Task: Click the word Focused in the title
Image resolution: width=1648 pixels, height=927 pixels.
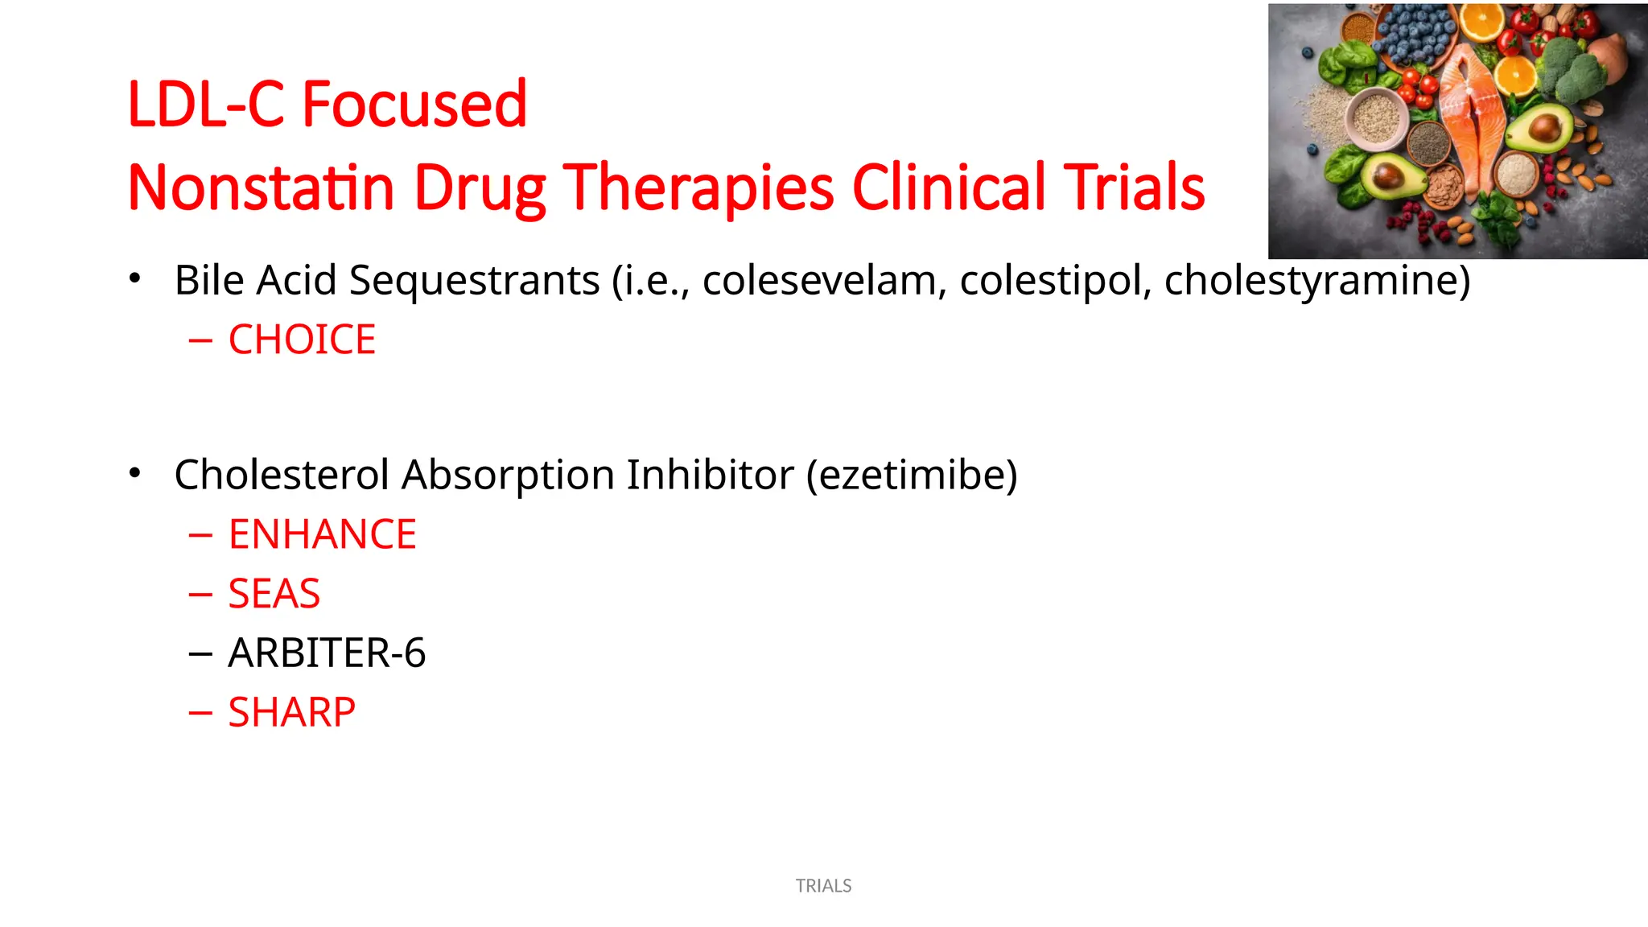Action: [x=414, y=105]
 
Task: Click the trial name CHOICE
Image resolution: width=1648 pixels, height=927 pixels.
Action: [x=302, y=340]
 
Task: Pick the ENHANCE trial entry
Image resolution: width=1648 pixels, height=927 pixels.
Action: [x=322, y=534]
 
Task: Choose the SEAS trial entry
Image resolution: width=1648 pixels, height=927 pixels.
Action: [x=274, y=594]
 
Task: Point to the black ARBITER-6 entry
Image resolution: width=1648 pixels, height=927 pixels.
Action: [x=327, y=653]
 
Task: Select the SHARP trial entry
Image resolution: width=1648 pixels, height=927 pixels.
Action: [x=291, y=712]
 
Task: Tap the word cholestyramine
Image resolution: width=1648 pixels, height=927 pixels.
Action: [x=1316, y=280]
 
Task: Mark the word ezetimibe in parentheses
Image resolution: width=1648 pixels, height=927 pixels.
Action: [x=912, y=475]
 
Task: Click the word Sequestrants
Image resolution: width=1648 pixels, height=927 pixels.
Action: [x=475, y=280]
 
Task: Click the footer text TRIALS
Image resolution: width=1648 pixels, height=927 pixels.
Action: [x=823, y=886]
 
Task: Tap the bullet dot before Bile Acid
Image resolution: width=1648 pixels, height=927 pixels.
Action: [x=135, y=278]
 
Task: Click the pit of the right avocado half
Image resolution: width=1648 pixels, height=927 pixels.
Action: [x=1543, y=127]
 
